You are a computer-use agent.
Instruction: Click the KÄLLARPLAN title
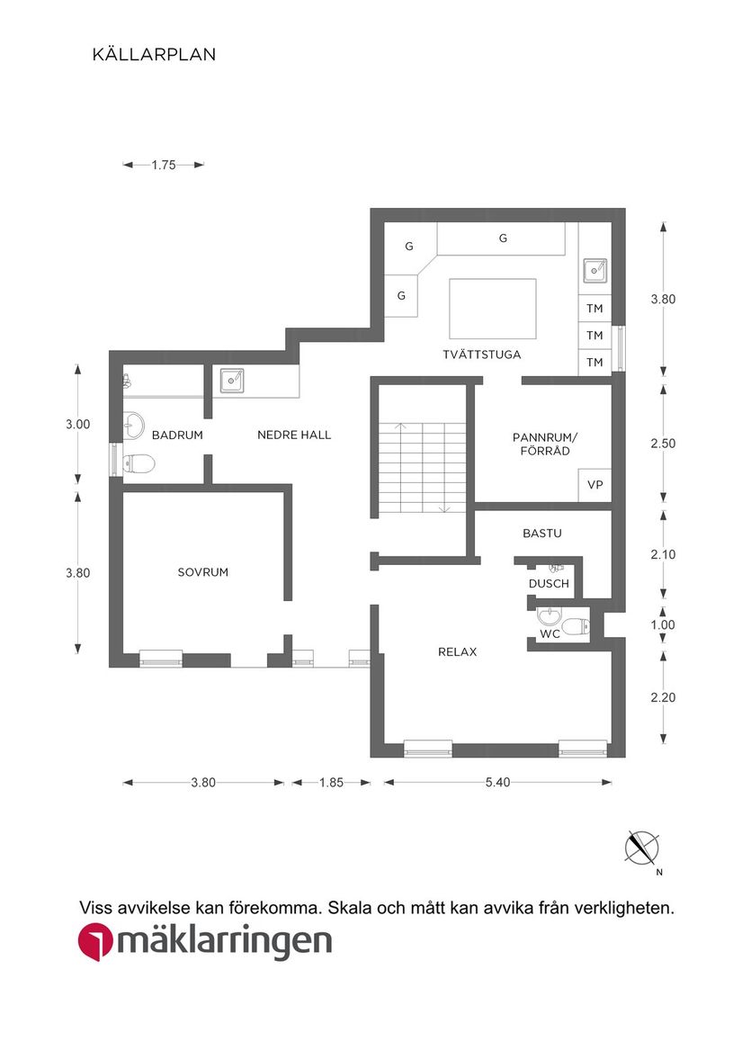(x=154, y=55)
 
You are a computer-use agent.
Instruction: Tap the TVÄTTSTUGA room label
(x=481, y=354)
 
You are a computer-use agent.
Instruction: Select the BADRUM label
(x=177, y=435)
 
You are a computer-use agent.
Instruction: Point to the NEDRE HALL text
(x=294, y=435)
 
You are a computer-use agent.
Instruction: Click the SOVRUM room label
(x=202, y=572)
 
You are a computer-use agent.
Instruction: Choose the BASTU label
(x=541, y=534)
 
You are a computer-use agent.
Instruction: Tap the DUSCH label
(x=549, y=584)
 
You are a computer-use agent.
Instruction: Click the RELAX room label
(x=457, y=652)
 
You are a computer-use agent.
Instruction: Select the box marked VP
(x=594, y=485)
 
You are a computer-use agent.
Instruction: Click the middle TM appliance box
(x=594, y=336)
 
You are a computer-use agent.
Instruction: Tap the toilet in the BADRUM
(x=139, y=464)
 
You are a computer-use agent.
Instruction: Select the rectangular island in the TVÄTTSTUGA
(x=492, y=309)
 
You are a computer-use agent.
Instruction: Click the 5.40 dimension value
(x=497, y=783)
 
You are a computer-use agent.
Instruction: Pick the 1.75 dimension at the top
(x=164, y=165)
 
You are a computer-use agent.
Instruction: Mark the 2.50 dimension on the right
(x=663, y=444)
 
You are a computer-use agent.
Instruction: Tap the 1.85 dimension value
(x=331, y=783)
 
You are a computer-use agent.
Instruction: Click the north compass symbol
(x=642, y=848)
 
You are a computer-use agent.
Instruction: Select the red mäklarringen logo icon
(x=95, y=943)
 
